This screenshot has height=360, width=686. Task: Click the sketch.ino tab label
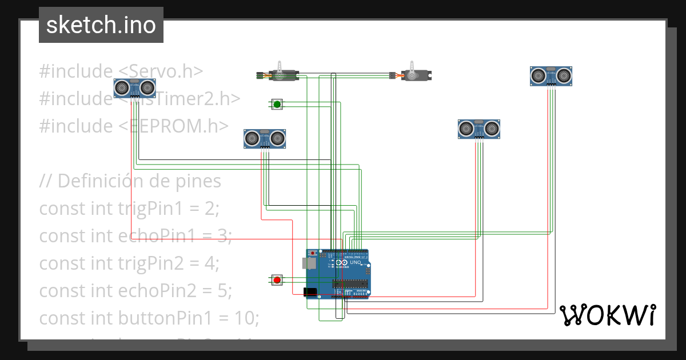click(101, 25)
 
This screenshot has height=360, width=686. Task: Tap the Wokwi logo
click(607, 315)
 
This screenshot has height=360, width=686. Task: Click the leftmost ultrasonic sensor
click(135, 87)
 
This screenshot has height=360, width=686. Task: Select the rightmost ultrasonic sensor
click(551, 75)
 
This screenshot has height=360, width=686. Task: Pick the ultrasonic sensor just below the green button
click(265, 138)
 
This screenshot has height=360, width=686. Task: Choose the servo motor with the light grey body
click(416, 75)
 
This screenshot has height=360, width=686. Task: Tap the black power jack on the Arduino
click(309, 291)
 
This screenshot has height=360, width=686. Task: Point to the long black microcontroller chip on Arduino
click(349, 283)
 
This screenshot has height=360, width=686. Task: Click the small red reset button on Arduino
click(313, 253)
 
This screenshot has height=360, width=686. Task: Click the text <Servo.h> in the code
click(161, 71)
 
